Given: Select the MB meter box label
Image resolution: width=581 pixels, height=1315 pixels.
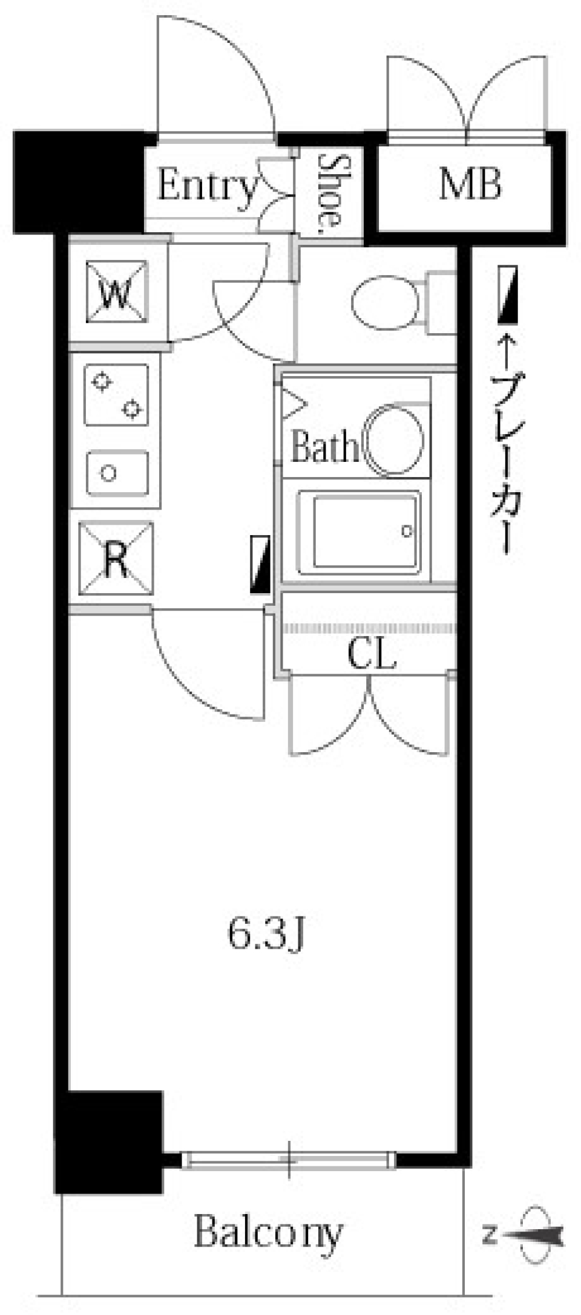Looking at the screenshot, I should (470, 184).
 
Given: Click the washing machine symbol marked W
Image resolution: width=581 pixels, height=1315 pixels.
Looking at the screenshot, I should (117, 292).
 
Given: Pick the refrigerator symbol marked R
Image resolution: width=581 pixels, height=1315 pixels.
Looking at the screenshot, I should (116, 559).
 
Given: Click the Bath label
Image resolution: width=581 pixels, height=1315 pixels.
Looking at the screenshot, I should (324, 447).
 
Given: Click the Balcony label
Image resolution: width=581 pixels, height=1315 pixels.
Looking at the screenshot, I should (268, 1232).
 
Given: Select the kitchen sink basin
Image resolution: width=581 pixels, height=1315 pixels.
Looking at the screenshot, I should (117, 472).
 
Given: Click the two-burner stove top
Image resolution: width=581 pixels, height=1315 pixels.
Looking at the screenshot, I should (116, 394).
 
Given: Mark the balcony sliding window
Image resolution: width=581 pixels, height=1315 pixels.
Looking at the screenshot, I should (289, 1160).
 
